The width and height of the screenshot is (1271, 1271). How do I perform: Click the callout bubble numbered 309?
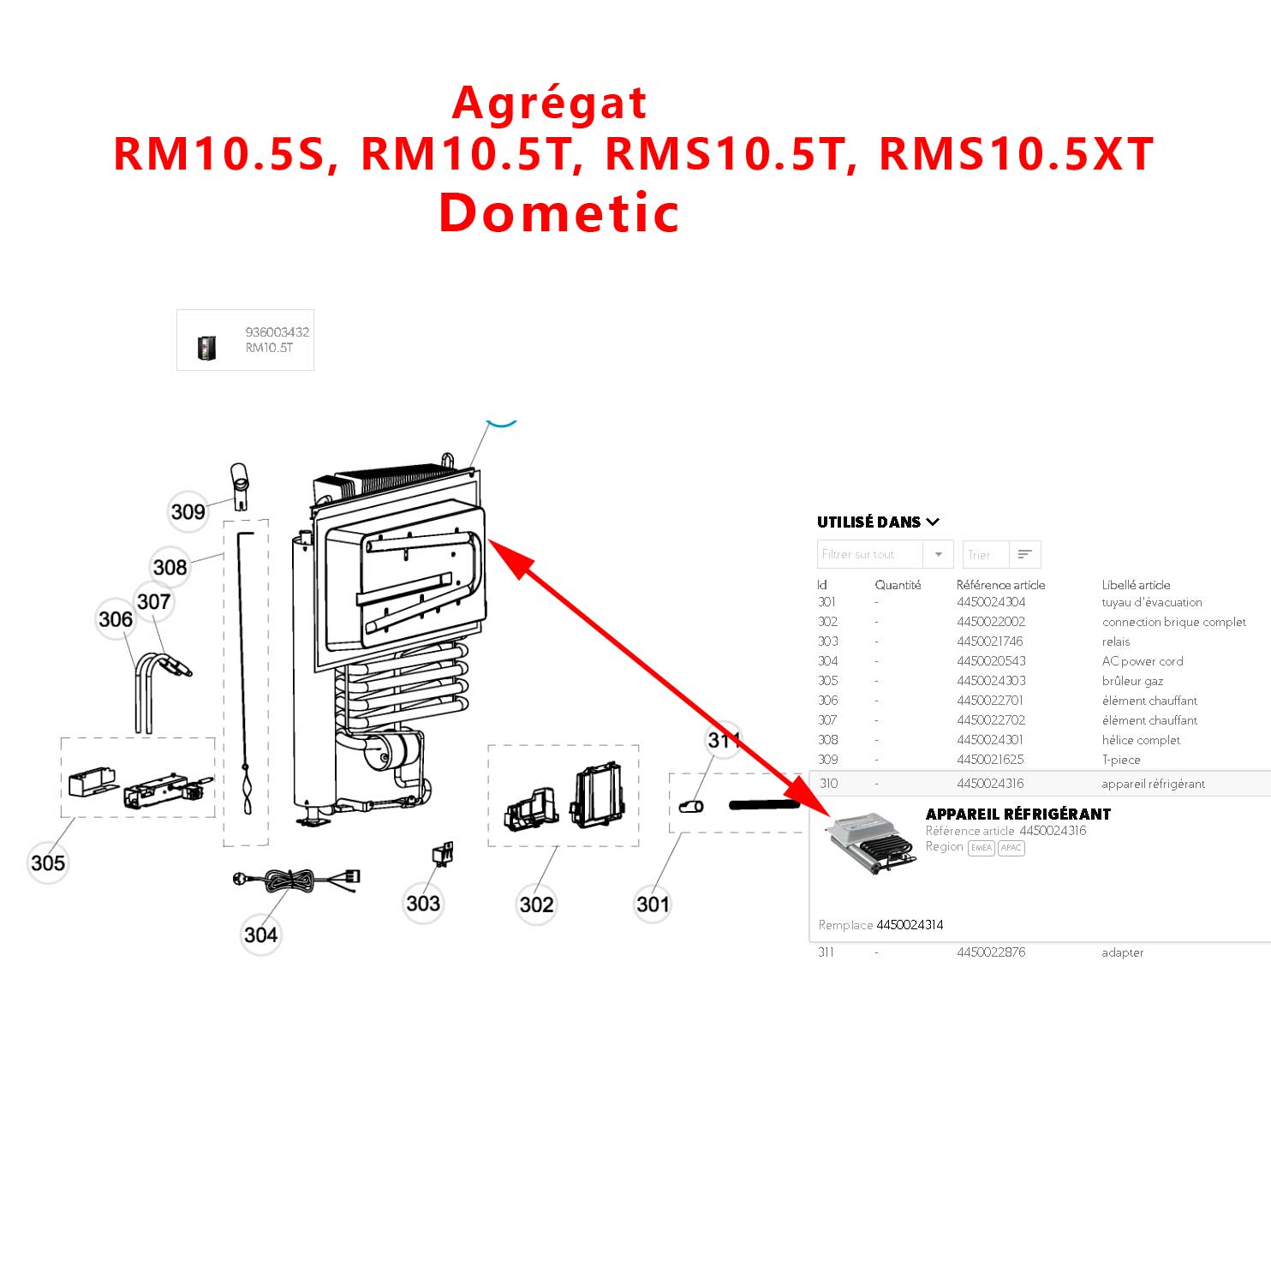[188, 512]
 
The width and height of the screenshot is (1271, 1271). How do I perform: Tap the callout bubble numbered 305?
[48, 862]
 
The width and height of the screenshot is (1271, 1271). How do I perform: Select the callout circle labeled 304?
[260, 934]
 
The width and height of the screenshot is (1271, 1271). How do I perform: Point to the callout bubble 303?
[423, 904]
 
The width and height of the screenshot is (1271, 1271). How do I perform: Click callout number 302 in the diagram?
[537, 904]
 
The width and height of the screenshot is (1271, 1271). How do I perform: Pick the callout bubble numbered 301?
[653, 904]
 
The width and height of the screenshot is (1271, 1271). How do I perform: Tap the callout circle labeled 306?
[116, 619]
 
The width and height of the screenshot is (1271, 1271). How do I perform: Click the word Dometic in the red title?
[558, 212]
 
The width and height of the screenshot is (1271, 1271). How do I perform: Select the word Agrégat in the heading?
[549, 104]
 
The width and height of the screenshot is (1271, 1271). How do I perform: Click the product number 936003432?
[277, 332]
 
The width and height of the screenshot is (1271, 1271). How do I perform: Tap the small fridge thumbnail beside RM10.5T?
[206, 347]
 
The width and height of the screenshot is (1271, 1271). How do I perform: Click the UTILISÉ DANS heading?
[868, 522]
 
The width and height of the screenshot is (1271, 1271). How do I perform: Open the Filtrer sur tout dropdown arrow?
[939, 555]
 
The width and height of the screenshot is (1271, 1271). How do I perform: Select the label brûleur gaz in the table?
[1132, 681]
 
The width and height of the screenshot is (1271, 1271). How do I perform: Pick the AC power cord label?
[1143, 661]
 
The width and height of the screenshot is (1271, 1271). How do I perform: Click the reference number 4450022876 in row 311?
[991, 952]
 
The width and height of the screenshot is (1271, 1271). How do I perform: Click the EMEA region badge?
[982, 848]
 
